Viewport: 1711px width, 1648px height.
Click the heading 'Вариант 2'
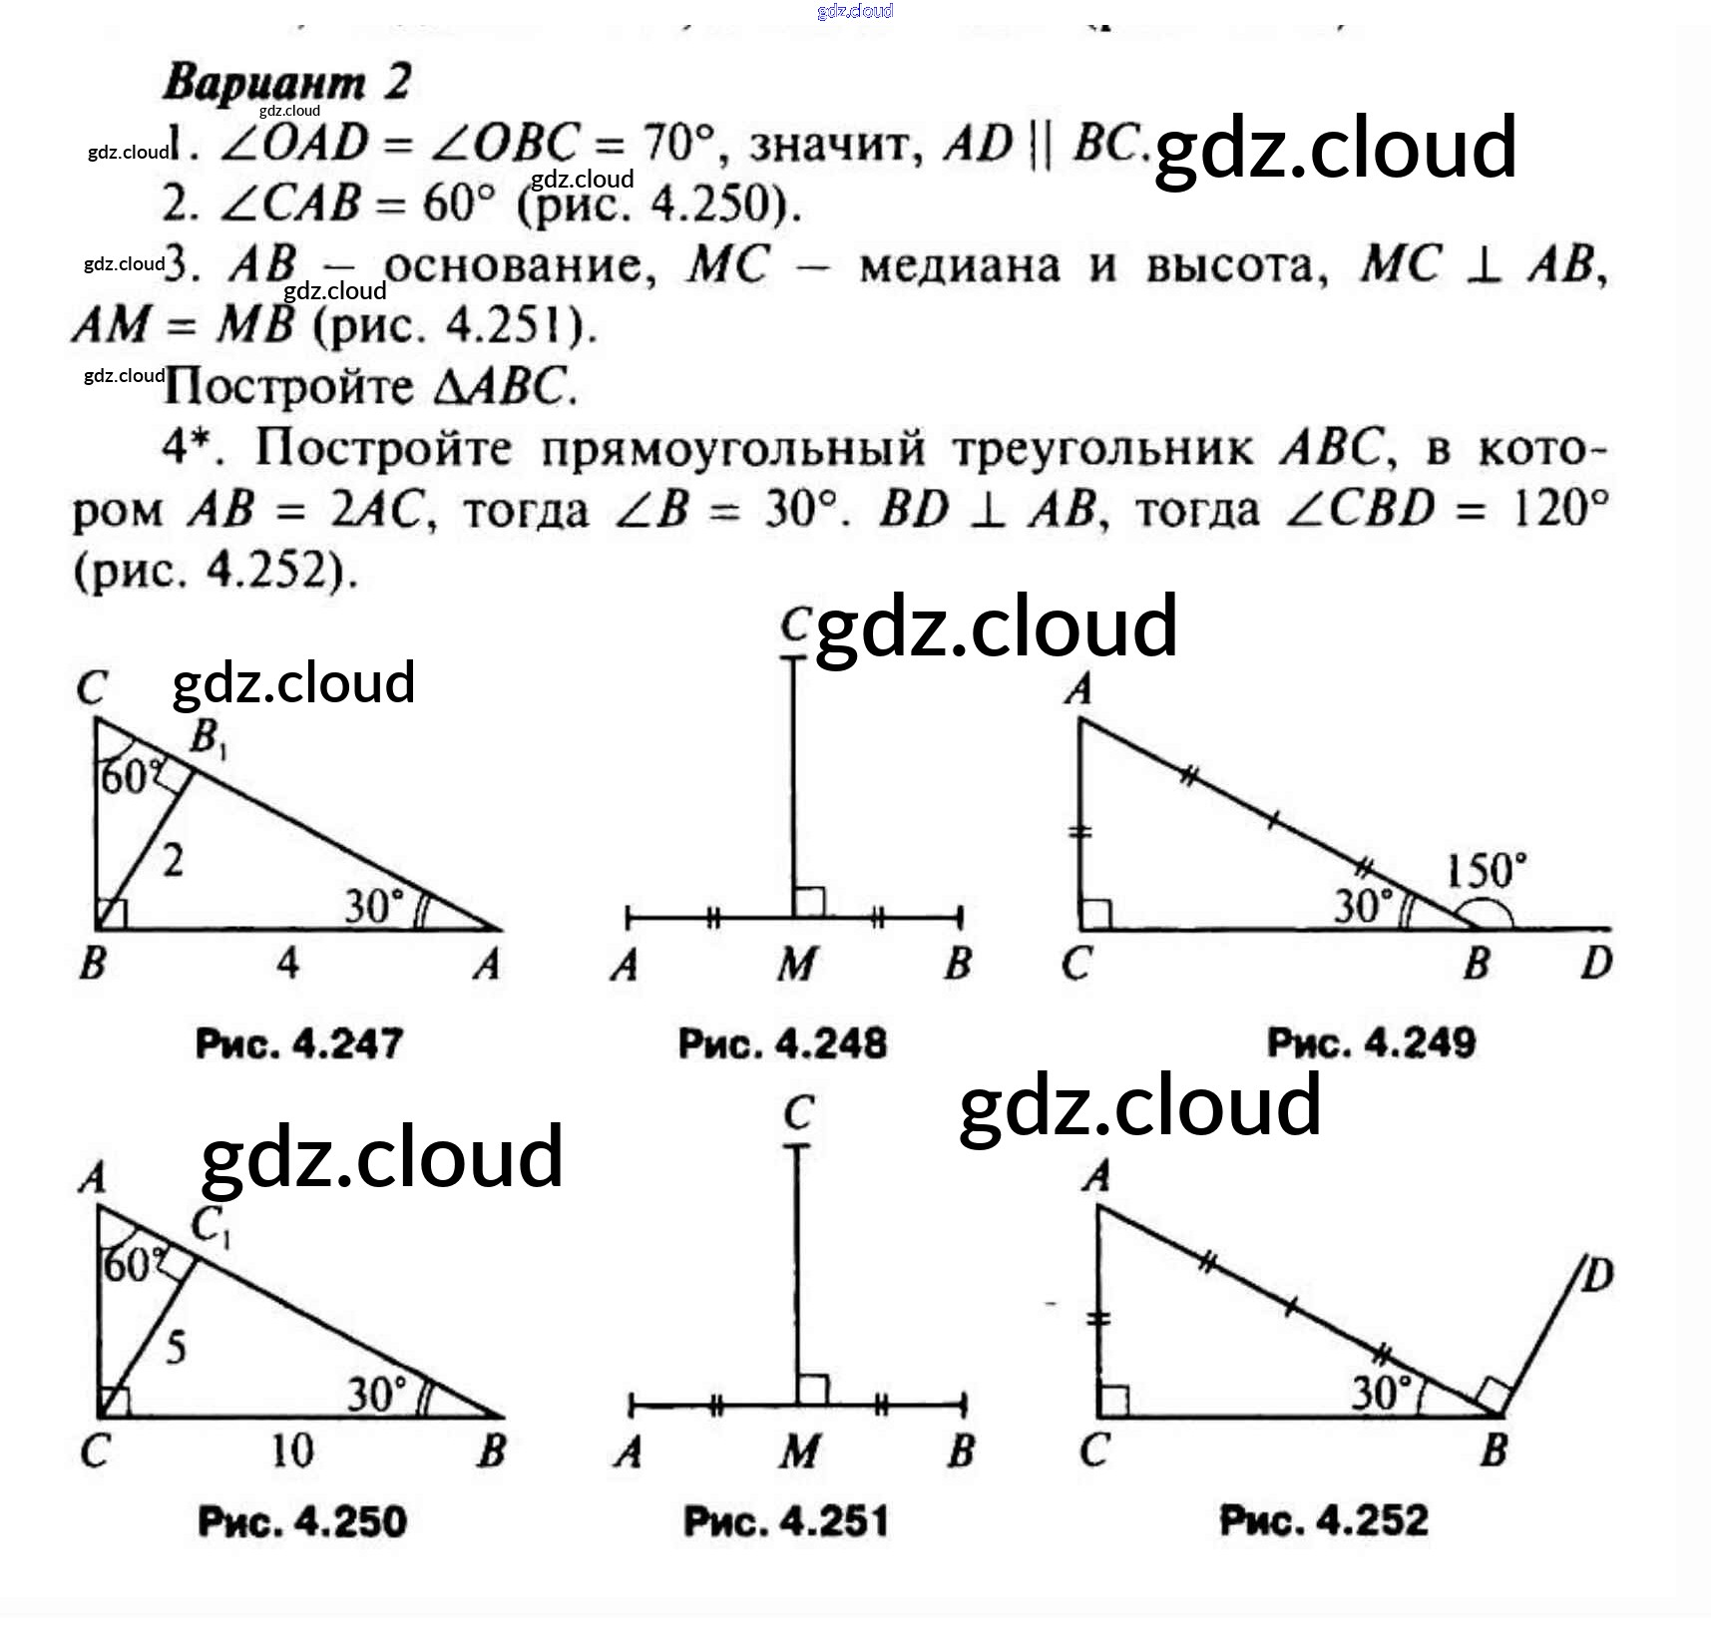pyautogui.click(x=287, y=82)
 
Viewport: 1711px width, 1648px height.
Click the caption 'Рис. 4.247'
pyautogui.click(x=298, y=1043)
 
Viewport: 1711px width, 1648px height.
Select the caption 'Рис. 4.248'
pyautogui.click(x=782, y=1043)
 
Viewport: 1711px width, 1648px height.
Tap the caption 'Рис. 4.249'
pyautogui.click(x=1371, y=1042)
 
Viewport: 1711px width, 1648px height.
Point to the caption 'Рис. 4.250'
pyautogui.click(x=302, y=1521)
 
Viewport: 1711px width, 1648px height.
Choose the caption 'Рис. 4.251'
pyautogui.click(x=785, y=1521)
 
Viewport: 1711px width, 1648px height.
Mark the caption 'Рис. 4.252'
pyautogui.click(x=1324, y=1520)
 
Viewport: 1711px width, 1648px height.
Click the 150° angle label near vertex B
pyautogui.click(x=1486, y=871)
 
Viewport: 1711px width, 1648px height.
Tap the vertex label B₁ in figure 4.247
pyautogui.click(x=208, y=739)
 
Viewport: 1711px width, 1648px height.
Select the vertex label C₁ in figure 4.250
pyautogui.click(x=211, y=1226)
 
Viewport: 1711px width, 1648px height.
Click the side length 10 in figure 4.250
pyautogui.click(x=292, y=1450)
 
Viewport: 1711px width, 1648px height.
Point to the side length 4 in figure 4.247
pyautogui.click(x=287, y=964)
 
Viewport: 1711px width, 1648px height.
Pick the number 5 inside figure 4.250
pyautogui.click(x=176, y=1348)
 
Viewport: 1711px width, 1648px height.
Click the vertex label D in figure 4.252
pyautogui.click(x=1595, y=1275)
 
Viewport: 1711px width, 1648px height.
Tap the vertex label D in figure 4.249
pyautogui.click(x=1596, y=964)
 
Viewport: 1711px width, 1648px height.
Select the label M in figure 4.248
pyautogui.click(x=796, y=965)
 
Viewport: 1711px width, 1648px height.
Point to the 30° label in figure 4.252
pyautogui.click(x=1382, y=1393)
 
